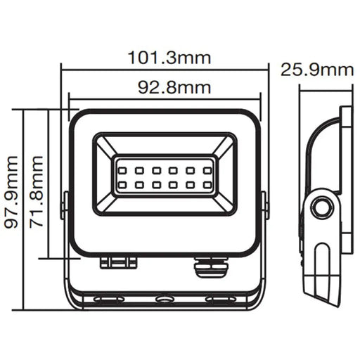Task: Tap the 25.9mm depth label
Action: point(316,70)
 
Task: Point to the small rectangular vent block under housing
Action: point(118,262)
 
